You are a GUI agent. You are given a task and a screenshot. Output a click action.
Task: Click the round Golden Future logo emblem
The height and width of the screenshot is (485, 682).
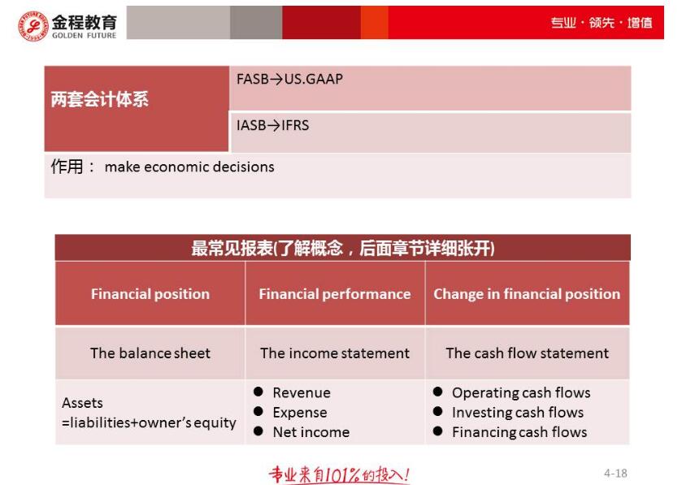coord(33,26)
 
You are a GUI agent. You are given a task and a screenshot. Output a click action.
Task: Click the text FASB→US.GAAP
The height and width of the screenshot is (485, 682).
coord(289,79)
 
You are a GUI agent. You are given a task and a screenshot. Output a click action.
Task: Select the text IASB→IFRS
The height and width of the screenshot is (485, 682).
coord(272,126)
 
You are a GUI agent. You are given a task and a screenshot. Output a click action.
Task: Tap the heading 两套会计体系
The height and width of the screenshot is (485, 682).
coord(100,99)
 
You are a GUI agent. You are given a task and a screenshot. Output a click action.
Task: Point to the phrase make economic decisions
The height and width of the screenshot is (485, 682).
coord(189,167)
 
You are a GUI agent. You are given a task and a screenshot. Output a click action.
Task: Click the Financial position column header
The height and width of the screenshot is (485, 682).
coord(150,294)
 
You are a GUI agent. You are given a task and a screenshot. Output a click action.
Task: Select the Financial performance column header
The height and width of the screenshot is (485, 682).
coord(335,294)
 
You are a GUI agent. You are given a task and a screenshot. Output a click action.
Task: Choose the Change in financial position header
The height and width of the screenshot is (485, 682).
coord(527,294)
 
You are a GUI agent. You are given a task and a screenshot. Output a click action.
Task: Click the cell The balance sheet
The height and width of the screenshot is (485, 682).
coord(150,353)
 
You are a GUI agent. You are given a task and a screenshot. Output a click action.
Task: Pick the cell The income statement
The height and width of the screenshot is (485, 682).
coord(335,353)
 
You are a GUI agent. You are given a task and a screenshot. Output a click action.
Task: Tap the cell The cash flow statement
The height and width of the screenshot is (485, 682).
coord(528,353)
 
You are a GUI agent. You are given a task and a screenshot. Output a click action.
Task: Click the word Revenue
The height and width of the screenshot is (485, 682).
coord(302,393)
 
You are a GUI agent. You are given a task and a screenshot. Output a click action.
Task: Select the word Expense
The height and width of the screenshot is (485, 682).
coord(300,413)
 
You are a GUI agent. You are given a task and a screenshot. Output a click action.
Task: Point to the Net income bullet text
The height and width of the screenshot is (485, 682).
coord(311,432)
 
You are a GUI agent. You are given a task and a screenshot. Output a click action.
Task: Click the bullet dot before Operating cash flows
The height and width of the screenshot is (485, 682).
coord(437,392)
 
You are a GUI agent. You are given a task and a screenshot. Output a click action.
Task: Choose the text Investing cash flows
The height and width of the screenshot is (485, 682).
coord(518,413)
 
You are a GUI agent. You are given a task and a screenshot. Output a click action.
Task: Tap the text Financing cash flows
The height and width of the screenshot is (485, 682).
coord(519,432)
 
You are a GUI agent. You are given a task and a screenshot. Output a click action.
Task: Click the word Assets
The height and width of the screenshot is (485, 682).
coord(82,403)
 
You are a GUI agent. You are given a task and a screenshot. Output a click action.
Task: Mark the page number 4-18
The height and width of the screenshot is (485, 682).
coord(615,473)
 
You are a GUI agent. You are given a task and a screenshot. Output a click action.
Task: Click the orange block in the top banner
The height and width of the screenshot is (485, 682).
coord(374,22)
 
